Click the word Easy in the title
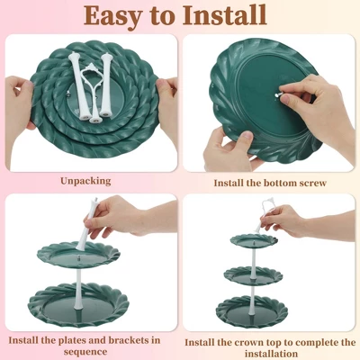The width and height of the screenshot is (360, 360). pos(112,15)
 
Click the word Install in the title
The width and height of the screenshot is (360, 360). pos(224,15)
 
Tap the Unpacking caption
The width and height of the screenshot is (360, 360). pos(85,181)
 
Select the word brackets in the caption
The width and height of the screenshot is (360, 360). pos(129,340)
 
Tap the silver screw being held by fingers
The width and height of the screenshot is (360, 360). pos(279,95)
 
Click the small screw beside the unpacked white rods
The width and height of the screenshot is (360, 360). pos(69,94)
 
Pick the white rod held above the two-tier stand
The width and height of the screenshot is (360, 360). pos(86,224)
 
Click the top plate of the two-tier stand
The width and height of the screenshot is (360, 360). pos(78,255)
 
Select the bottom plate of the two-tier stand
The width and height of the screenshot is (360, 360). pos(78,304)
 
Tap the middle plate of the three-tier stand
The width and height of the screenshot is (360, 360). pos(254,275)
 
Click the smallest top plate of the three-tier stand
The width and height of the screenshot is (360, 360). pos(254,240)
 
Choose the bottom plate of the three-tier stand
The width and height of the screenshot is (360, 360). pos(252,311)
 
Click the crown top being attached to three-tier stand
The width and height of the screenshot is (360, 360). pos(264,214)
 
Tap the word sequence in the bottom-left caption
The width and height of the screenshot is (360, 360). pos(85,352)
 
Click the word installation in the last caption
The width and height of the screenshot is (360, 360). pos(271,354)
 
